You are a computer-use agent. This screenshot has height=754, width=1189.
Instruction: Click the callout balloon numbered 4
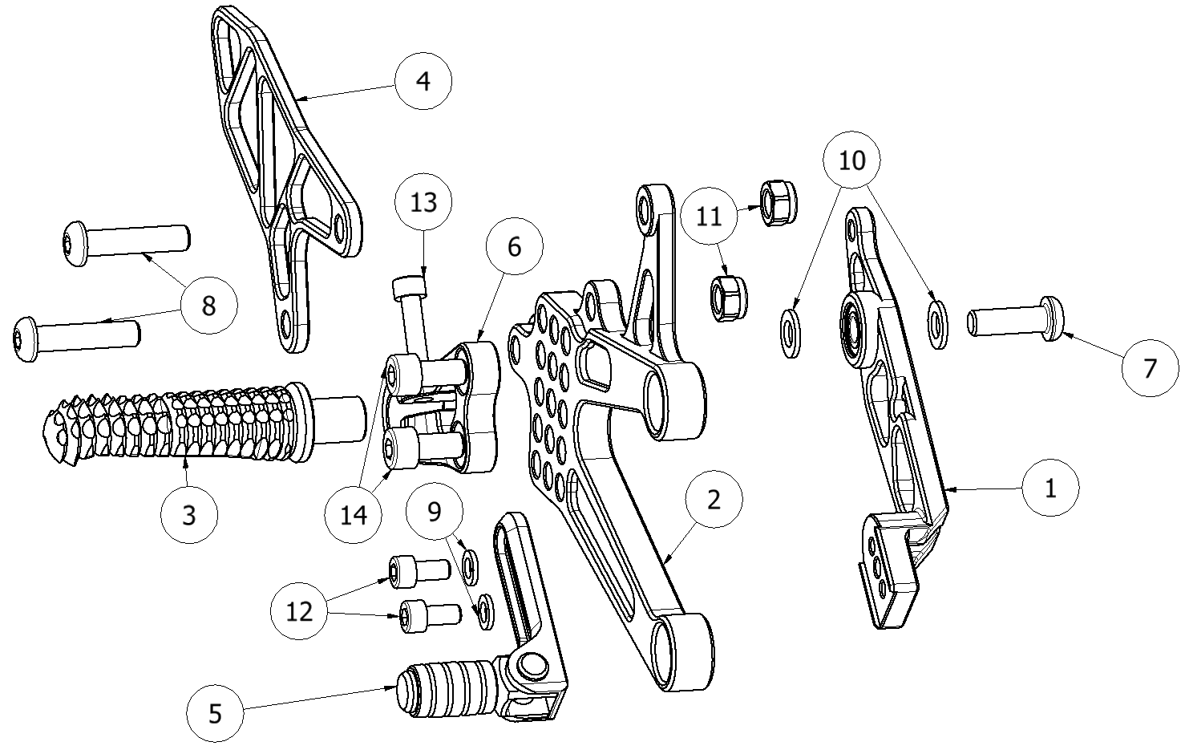pos(423,81)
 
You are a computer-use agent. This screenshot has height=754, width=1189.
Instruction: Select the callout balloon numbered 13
pos(423,201)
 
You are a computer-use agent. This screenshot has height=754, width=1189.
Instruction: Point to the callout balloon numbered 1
pos(1050,487)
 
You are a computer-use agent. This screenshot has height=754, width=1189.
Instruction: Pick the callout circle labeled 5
pos(215,713)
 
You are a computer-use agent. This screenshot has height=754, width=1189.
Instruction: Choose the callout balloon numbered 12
pos(299,611)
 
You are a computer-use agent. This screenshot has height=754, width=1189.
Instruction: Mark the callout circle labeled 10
pos(851,160)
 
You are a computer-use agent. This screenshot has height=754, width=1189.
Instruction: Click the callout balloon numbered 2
pos(714,499)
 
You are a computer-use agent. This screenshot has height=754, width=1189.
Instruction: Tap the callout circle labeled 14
pos(354,514)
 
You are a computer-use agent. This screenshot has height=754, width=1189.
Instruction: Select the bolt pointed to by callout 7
pos(1015,320)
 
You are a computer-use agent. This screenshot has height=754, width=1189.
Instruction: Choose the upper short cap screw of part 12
pos(418,570)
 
